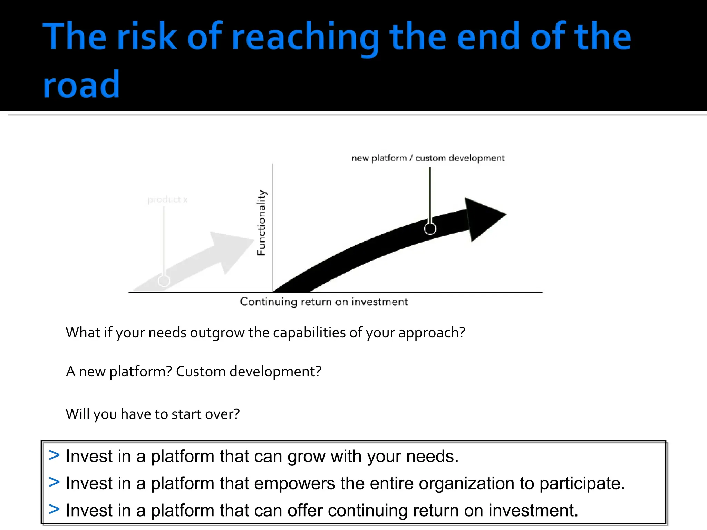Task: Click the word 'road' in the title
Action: pyautogui.click(x=81, y=85)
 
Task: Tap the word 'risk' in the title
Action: pyautogui.click(x=147, y=36)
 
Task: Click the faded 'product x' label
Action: pyautogui.click(x=167, y=199)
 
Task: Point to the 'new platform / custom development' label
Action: pyautogui.click(x=428, y=158)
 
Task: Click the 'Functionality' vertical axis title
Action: pyautogui.click(x=262, y=223)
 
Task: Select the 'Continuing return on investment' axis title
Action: pyautogui.click(x=324, y=302)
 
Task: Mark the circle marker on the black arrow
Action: pyautogui.click(x=430, y=228)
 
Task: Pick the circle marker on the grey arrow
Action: pyautogui.click(x=164, y=281)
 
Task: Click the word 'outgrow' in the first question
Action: pyautogui.click(x=217, y=333)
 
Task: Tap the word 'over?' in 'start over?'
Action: pyautogui.click(x=222, y=414)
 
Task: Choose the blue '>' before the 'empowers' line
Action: pyautogui.click(x=54, y=482)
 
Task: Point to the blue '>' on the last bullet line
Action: pyautogui.click(x=54, y=509)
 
